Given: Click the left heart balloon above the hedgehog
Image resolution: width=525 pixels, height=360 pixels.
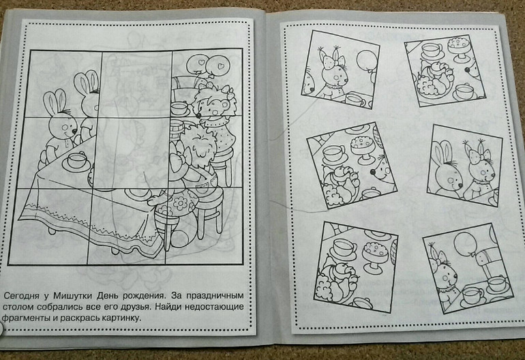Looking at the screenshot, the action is pyautogui.click(x=196, y=63).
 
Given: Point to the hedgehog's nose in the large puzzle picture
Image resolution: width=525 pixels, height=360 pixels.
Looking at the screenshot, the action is pyautogui.click(x=198, y=115).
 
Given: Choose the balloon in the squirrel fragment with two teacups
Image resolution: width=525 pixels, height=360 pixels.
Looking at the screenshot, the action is pyautogui.click(x=466, y=245).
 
